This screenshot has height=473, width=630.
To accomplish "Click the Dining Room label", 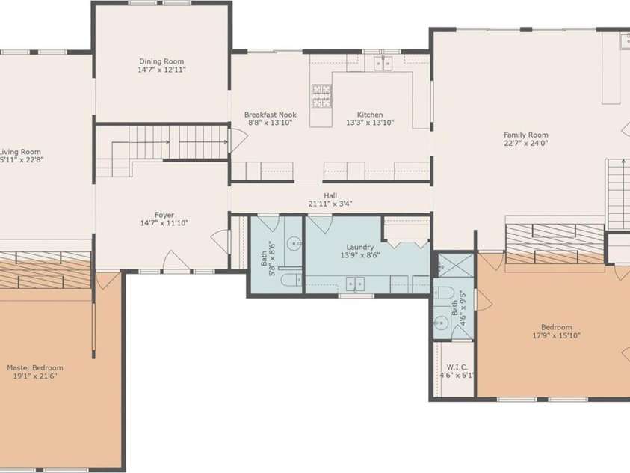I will pyautogui.click(x=161, y=61).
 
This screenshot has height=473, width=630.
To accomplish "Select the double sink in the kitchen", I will pyautogui.click(x=384, y=63).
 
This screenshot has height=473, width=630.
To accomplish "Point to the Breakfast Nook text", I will pyautogui.click(x=271, y=115).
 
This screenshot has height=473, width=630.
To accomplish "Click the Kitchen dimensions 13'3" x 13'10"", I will pyautogui.click(x=370, y=123).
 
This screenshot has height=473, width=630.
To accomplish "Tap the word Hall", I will pyautogui.click(x=330, y=195).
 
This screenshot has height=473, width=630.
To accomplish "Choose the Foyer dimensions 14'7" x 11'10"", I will pyautogui.click(x=164, y=223).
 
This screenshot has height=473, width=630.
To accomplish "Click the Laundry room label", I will pyautogui.click(x=360, y=247).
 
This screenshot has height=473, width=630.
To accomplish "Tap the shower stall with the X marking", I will pyautogui.click(x=451, y=264).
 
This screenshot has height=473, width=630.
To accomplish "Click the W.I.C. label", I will pyautogui.click(x=457, y=367).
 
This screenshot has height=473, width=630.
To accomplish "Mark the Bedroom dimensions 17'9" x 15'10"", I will pyautogui.click(x=557, y=335).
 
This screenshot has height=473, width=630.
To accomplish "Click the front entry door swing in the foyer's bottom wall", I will pyautogui.click(x=177, y=263).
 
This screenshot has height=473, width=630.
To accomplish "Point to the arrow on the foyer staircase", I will pyautogui.click(x=167, y=141).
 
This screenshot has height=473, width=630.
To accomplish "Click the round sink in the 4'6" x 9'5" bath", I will pyautogui.click(x=440, y=323).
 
